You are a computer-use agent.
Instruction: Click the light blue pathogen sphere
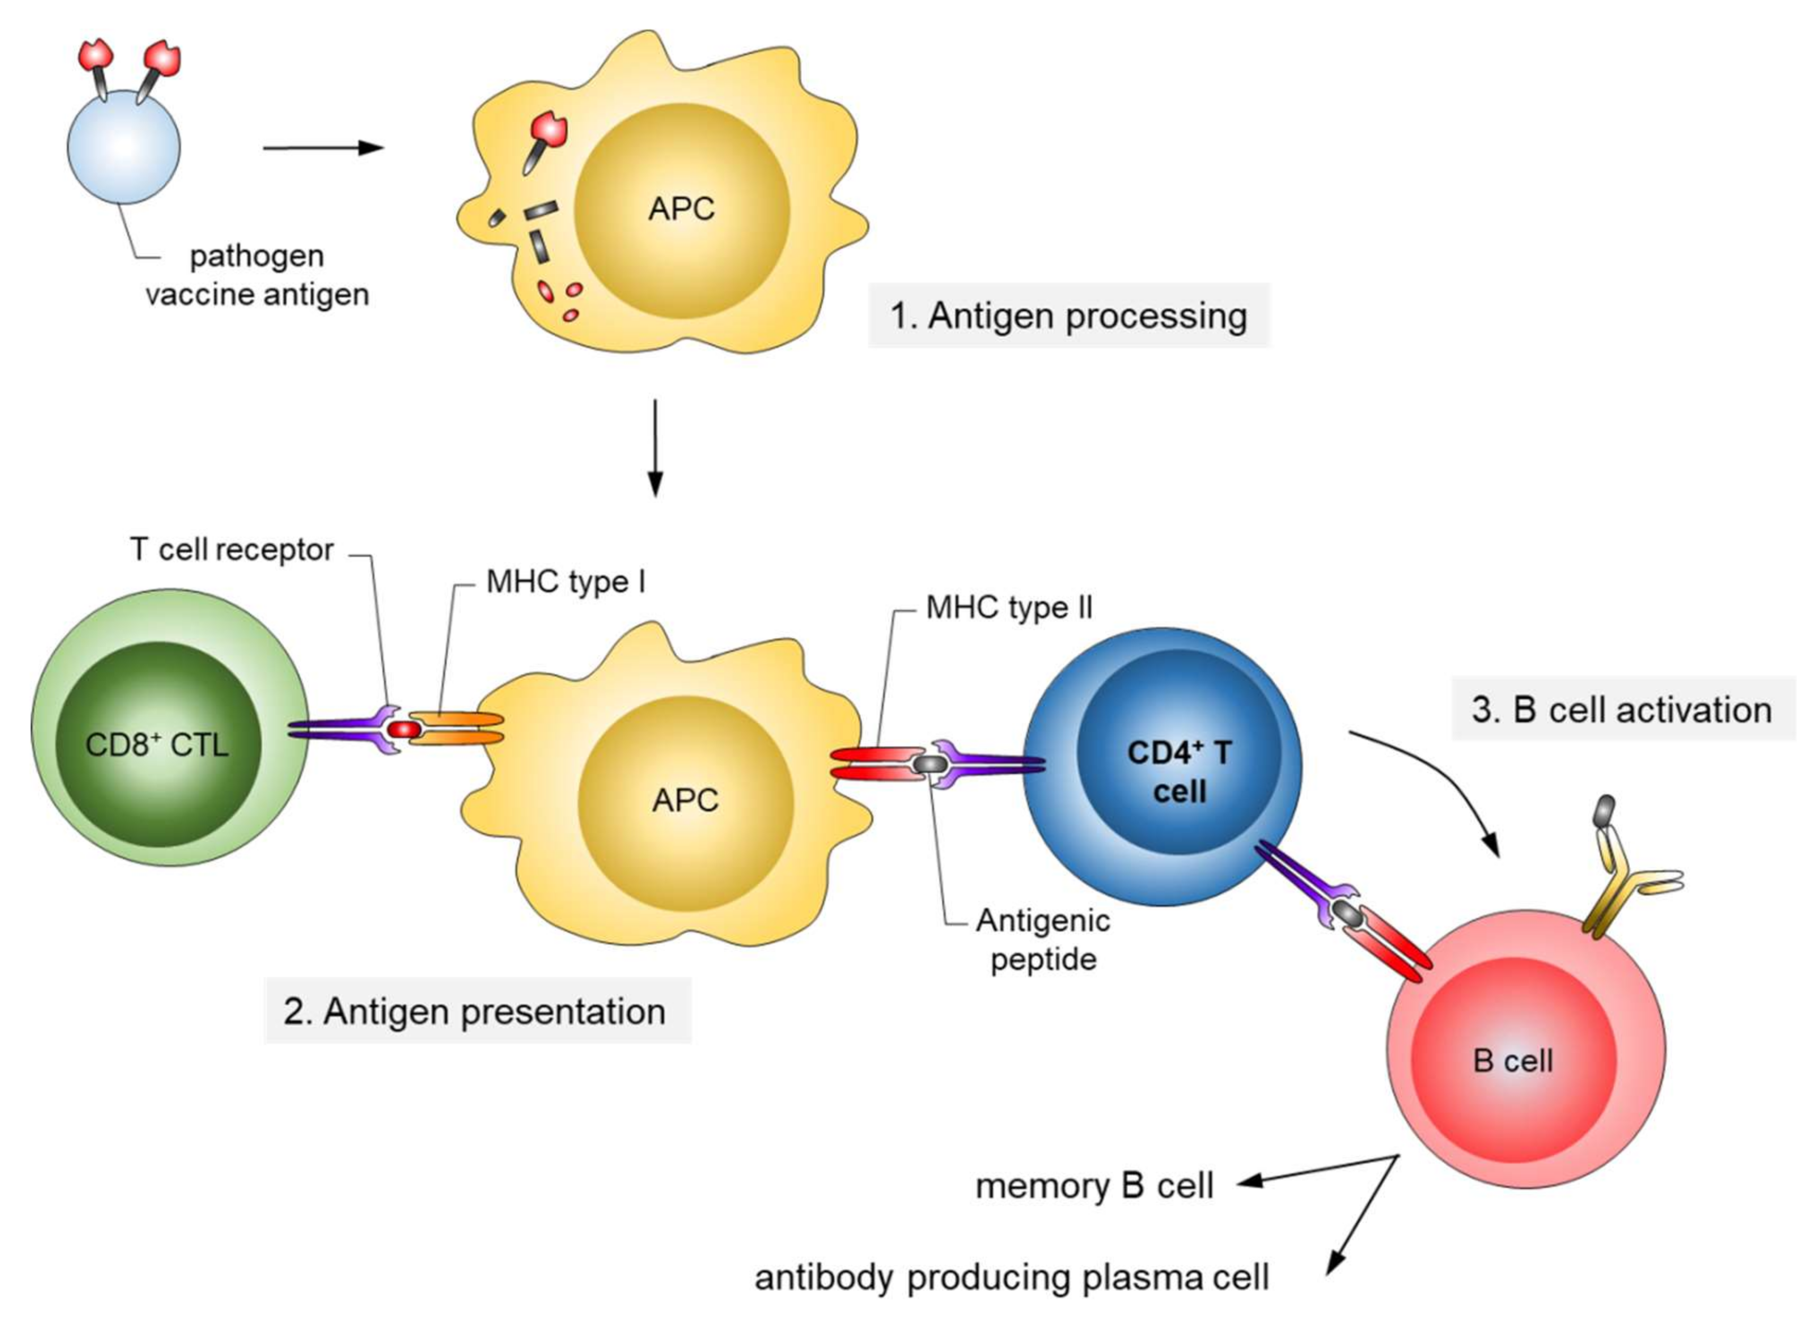[123, 148]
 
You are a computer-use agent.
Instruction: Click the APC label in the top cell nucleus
[681, 209]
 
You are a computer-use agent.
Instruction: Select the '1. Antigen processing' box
[1068, 315]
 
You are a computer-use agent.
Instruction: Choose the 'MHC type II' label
[1008, 608]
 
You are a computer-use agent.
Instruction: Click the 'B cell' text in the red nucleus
[1512, 1061]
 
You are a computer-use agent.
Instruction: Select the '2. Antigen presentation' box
[475, 1012]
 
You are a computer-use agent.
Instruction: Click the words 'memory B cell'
[1094, 1185]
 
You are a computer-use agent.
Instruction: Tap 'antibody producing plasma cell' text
[1011, 1278]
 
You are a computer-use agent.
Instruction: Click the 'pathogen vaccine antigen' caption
[257, 275]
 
